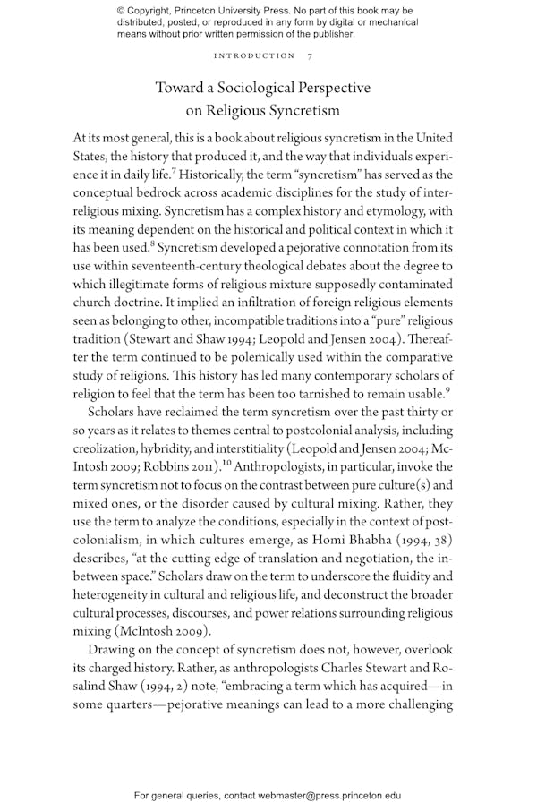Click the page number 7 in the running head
(310, 56)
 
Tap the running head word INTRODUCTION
(254, 56)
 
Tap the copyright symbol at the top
(121, 10)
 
